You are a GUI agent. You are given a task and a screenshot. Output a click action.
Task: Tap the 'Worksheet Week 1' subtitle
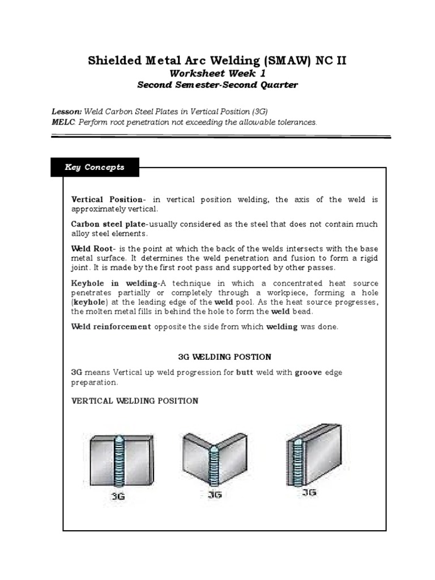tap(217, 73)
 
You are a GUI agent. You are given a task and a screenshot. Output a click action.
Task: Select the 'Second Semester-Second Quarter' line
tap(217, 85)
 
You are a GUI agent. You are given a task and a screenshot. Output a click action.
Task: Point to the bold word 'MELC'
tap(63, 122)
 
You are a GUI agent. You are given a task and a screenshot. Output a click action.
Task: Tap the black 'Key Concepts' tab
tap(95, 168)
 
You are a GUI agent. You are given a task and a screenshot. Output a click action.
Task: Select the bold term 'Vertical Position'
tap(107, 199)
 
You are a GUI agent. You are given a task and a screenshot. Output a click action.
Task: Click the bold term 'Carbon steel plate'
tap(108, 224)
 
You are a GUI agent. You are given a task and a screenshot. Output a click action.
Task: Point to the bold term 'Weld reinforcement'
tap(111, 327)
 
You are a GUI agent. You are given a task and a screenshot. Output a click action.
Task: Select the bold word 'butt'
tap(245, 373)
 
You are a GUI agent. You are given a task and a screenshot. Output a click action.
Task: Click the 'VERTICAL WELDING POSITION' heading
tap(134, 401)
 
